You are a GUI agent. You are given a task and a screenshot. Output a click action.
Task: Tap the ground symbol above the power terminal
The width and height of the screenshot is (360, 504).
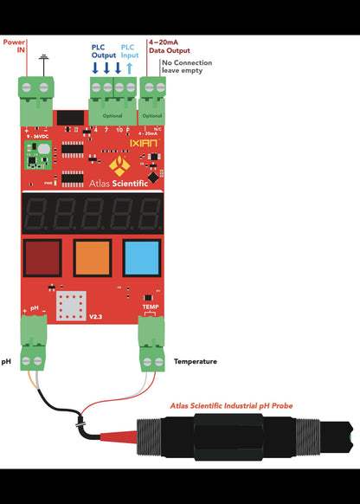coord(44,61)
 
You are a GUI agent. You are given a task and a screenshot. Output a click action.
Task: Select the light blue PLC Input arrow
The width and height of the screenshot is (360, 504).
coord(129,68)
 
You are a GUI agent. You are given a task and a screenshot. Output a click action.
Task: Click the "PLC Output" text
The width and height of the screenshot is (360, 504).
coord(103,51)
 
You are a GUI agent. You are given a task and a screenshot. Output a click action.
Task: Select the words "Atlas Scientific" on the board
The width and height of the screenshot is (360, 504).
coord(119,183)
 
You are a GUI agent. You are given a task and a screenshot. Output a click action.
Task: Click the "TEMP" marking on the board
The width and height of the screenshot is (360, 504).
coord(151,307)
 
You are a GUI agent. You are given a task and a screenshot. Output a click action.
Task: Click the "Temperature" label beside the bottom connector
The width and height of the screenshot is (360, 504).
coord(196,361)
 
